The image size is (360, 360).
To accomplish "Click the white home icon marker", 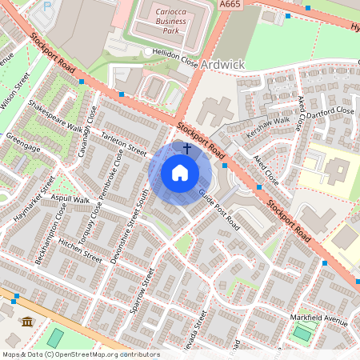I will [x=180, y=173].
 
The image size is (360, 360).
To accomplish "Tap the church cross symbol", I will [x=187, y=148].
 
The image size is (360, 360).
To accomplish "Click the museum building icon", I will [x=27, y=322].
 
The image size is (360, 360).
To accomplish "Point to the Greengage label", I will [x=22, y=137].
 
